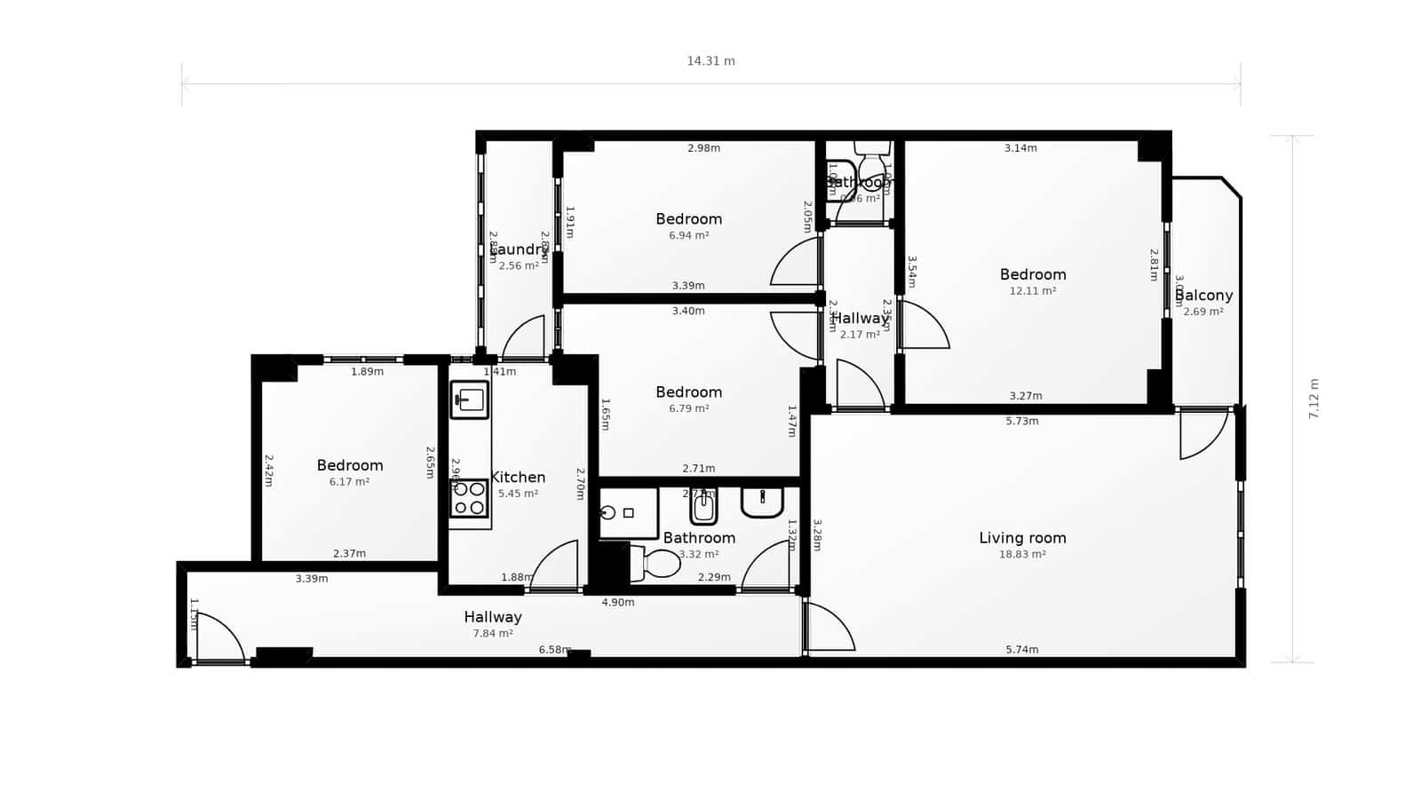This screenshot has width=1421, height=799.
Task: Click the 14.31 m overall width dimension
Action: click(x=710, y=61)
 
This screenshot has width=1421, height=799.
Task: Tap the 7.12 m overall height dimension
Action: click(x=1314, y=399)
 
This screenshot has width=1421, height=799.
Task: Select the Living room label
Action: click(x=1022, y=538)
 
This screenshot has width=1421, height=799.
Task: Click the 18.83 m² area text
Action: click(x=1022, y=554)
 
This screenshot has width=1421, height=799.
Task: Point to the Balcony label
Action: click(x=1204, y=296)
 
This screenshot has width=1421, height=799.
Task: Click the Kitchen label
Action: click(x=518, y=478)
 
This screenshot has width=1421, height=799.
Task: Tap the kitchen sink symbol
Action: click(x=469, y=399)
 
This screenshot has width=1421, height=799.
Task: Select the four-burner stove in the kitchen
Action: click(x=469, y=498)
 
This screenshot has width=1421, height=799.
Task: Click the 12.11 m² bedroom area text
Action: click(x=1032, y=291)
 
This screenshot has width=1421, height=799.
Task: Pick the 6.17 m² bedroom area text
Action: click(x=349, y=482)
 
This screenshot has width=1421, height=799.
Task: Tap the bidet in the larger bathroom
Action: click(x=703, y=509)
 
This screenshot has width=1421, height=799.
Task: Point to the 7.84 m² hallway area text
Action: click(x=493, y=634)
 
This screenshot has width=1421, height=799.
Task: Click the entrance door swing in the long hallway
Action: click(x=218, y=636)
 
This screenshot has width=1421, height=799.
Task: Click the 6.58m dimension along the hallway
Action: click(x=554, y=650)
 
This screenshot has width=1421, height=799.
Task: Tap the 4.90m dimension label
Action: click(x=618, y=602)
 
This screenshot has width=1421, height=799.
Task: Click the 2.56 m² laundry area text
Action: click(x=518, y=265)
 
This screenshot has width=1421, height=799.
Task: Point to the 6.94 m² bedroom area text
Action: click(x=688, y=236)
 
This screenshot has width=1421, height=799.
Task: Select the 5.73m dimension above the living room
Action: click(x=1021, y=421)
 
